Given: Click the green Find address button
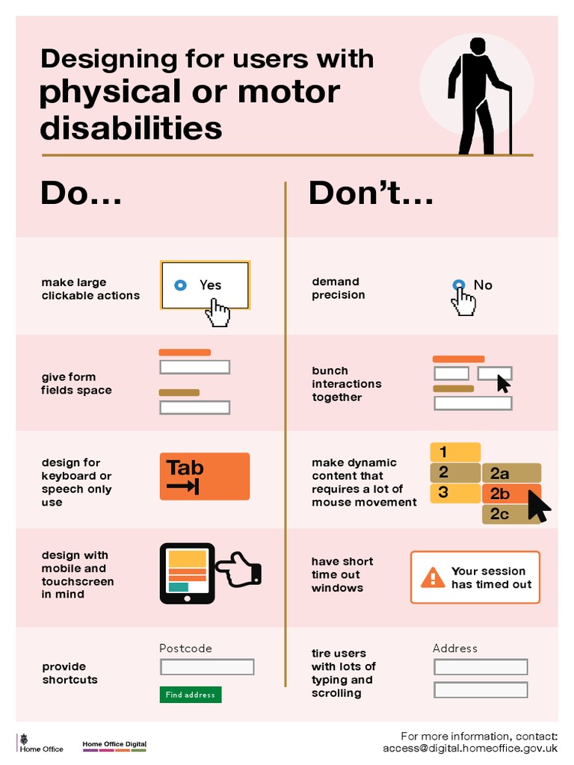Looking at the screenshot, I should pyautogui.click(x=191, y=695).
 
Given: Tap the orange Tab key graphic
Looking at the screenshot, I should pyautogui.click(x=204, y=476).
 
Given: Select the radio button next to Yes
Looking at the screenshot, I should pyautogui.click(x=180, y=285).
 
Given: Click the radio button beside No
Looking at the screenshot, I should pyautogui.click(x=458, y=285).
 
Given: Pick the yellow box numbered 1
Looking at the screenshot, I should pyautogui.click(x=454, y=452).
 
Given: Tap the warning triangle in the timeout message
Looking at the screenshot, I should pyautogui.click(x=433, y=577).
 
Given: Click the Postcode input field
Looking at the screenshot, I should pyautogui.click(x=207, y=666).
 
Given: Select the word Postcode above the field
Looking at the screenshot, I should pyautogui.click(x=185, y=648).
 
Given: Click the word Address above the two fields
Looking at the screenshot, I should pyautogui.click(x=454, y=648).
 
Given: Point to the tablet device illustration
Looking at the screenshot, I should pyautogui.click(x=187, y=573).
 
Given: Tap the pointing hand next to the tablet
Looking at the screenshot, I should pyautogui.click(x=241, y=569).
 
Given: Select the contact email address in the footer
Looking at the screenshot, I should pyautogui.click(x=470, y=748).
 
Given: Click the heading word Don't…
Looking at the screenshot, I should pyautogui.click(x=371, y=193).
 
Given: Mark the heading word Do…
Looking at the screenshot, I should pyautogui.click(x=81, y=193).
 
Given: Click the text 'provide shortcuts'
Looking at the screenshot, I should pyautogui.click(x=70, y=673).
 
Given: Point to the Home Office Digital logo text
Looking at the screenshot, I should pyautogui.click(x=114, y=744).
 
